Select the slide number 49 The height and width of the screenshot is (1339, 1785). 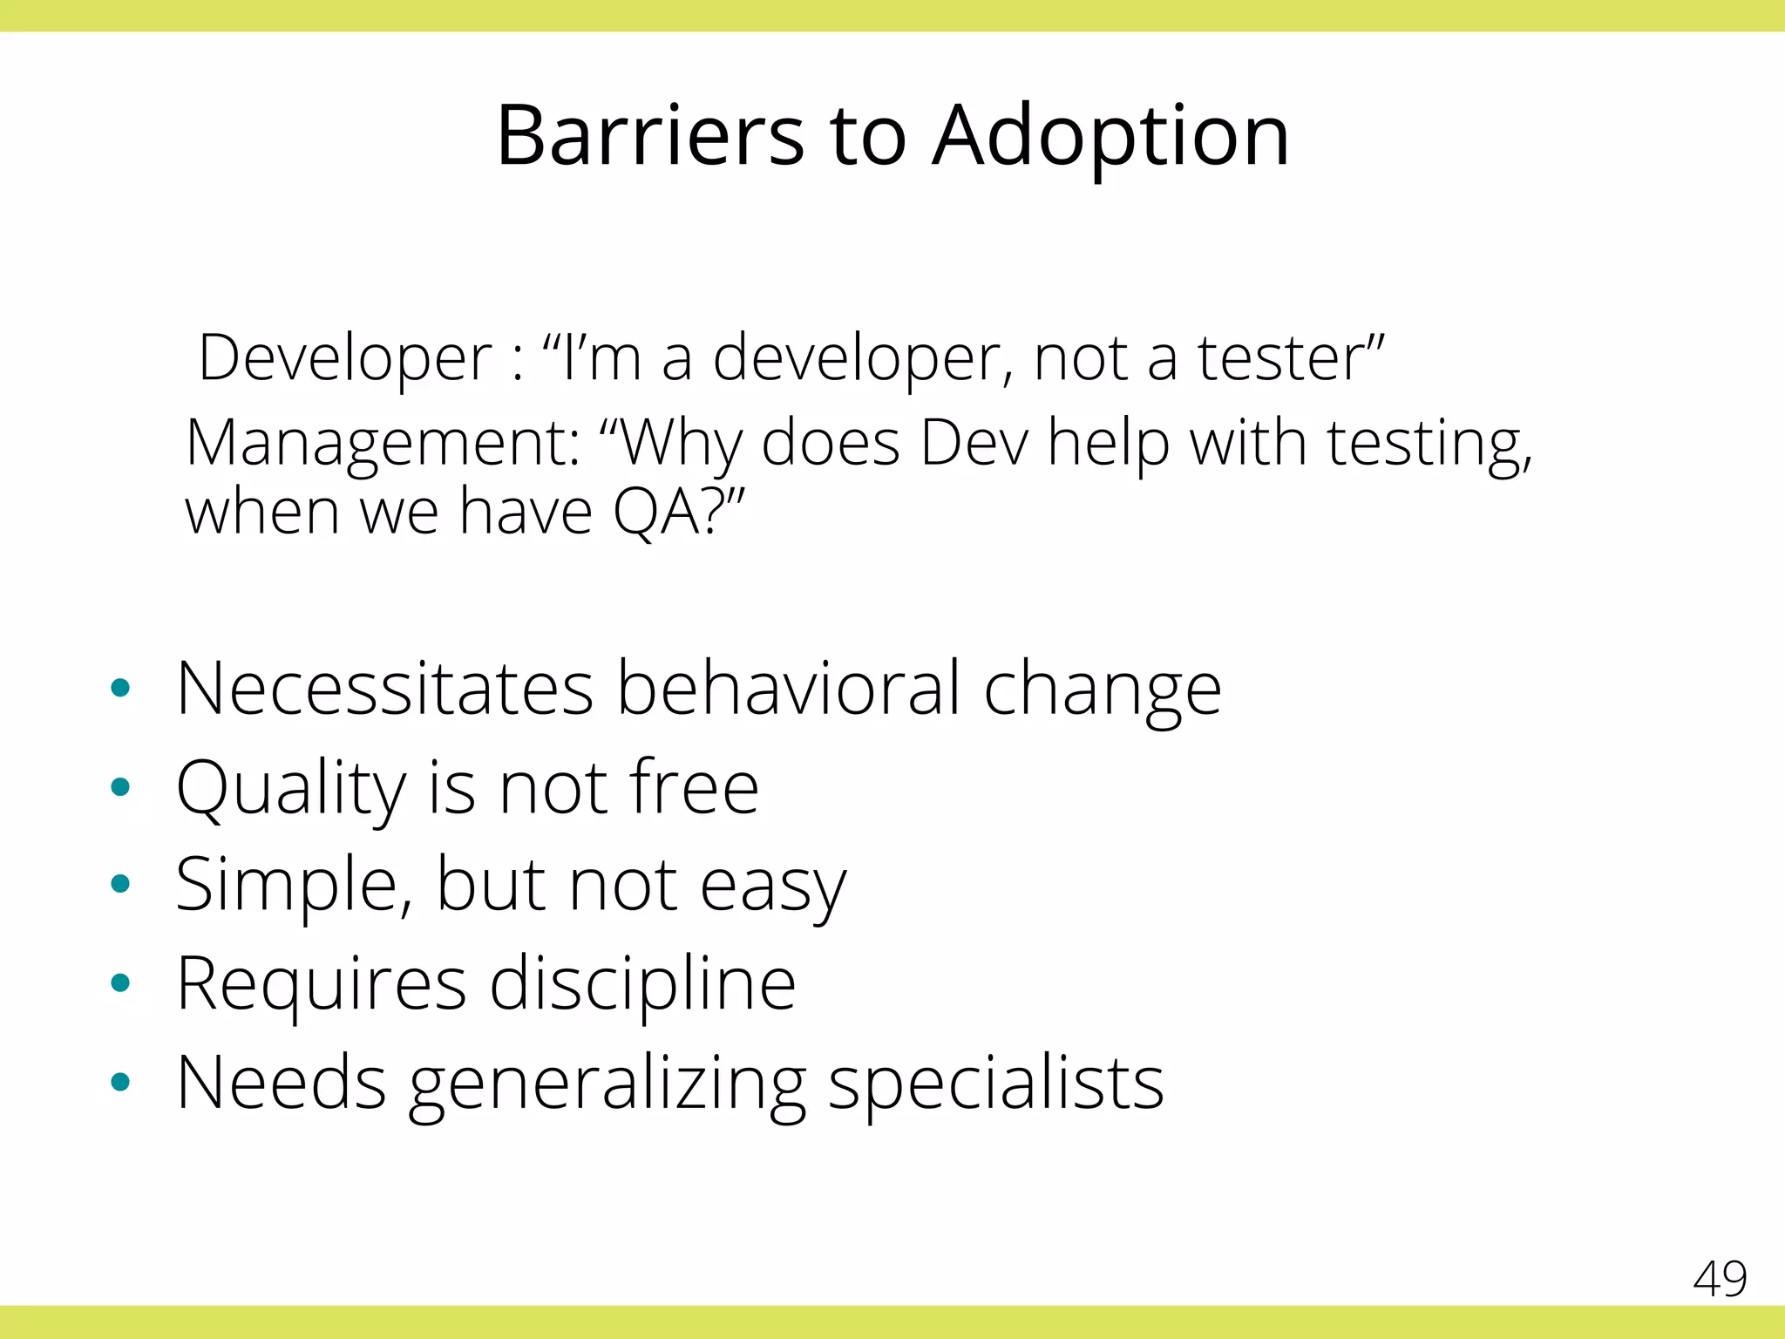pos(1720,1279)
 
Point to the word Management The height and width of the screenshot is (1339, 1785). pos(382,444)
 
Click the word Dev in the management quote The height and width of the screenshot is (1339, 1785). pos(974,443)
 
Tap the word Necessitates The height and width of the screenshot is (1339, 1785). pos(383,688)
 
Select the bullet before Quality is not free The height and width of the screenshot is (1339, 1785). pos(120,787)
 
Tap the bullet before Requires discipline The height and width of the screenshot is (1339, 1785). pos(120,983)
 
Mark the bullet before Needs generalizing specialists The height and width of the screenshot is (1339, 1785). pos(120,1083)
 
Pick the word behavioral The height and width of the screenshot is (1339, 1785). pos(789,688)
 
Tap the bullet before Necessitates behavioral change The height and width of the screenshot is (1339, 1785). pos(120,688)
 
